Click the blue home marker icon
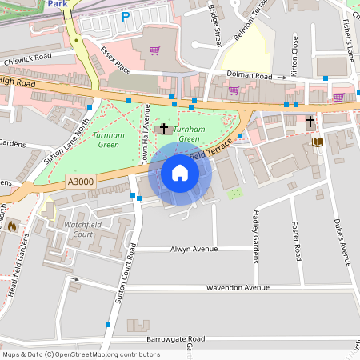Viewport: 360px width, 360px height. pos(180,173)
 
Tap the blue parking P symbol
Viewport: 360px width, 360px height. pos(125,16)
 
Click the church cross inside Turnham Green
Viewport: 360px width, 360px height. pos(164,128)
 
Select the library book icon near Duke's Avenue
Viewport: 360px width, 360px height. pos(317,142)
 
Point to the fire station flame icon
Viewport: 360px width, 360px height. pos(11,226)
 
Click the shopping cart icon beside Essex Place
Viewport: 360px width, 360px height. pos(154,50)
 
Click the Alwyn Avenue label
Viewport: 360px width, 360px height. pos(194,250)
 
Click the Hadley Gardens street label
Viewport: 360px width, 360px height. pos(256,236)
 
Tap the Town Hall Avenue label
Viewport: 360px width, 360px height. pos(146,136)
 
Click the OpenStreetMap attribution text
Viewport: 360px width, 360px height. pos(81,354)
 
